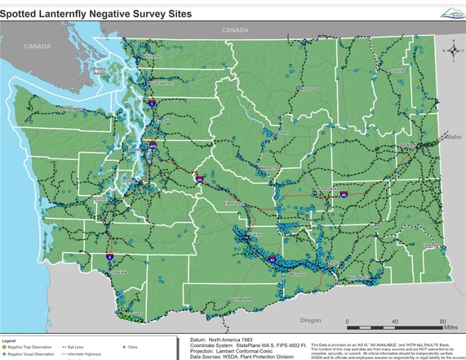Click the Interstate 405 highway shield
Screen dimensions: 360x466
153,146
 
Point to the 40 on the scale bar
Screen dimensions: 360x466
393,321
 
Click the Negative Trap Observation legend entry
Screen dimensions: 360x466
29,347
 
